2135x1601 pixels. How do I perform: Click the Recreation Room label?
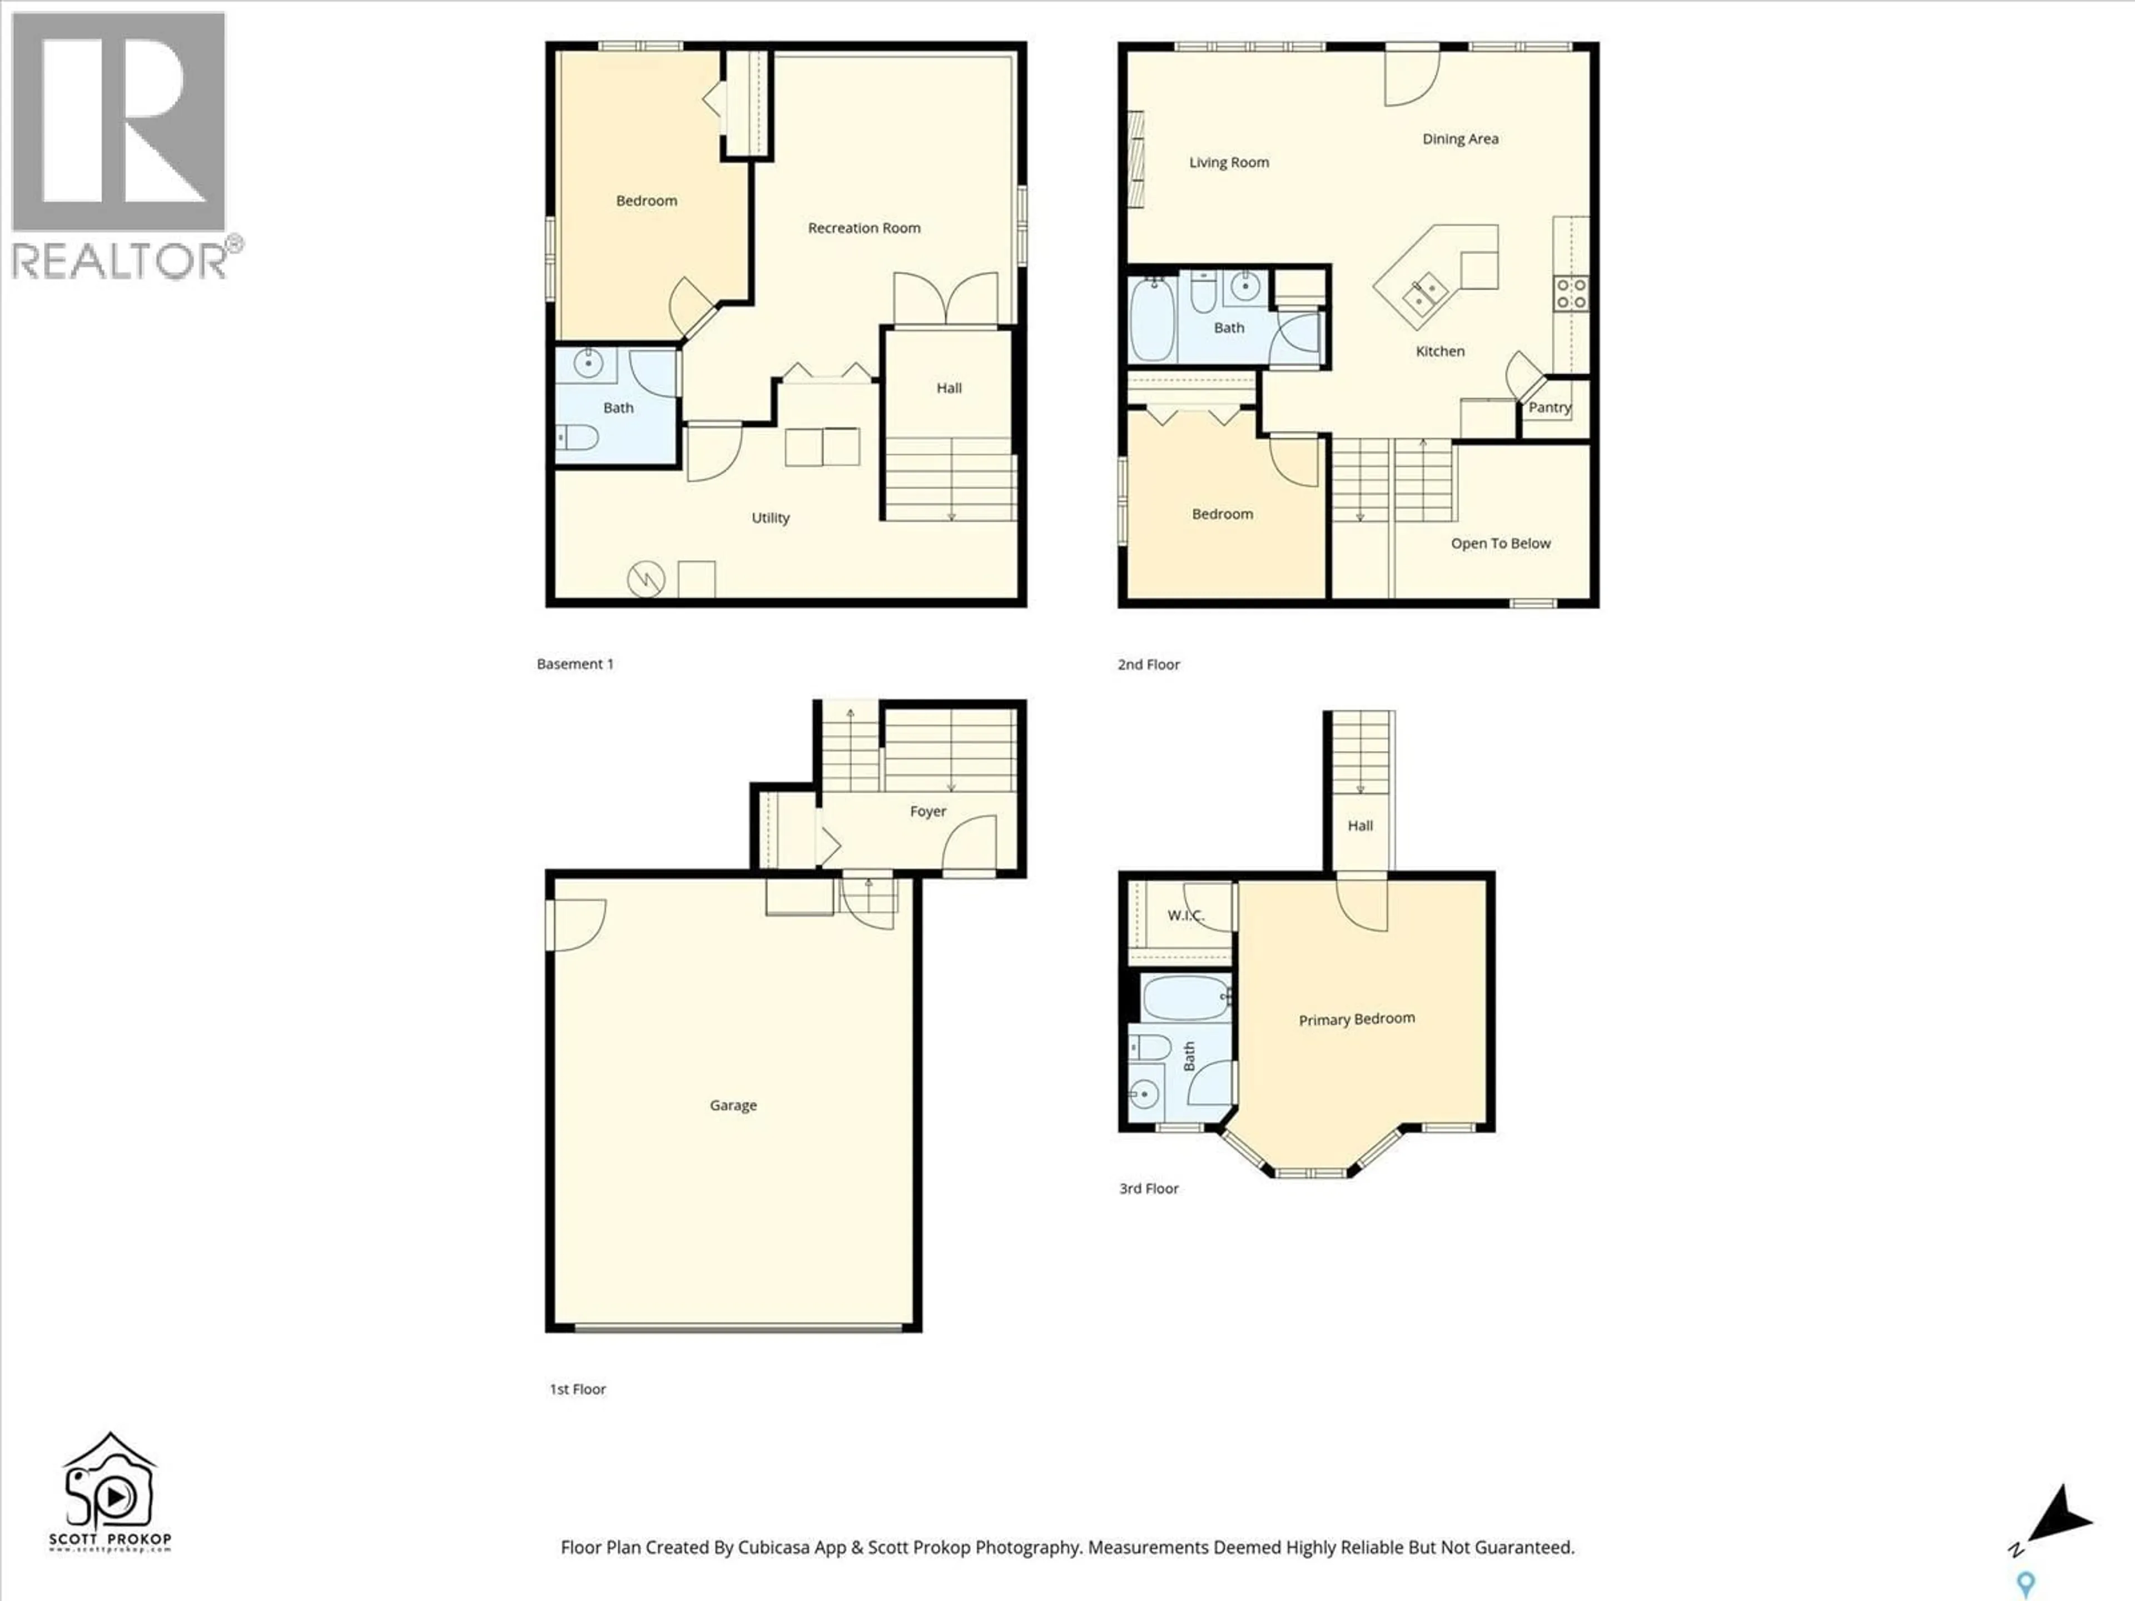pos(864,228)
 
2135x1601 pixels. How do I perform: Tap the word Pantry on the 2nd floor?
pos(1549,407)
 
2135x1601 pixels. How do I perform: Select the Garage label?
pos(733,1105)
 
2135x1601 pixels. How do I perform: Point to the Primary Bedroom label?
pos(1356,1019)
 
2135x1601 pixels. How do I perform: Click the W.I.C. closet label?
pos(1184,915)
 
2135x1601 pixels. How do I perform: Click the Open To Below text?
pos(1500,543)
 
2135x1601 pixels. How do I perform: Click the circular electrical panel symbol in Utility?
pos(646,579)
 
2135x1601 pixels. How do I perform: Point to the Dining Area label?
pos(1459,139)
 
